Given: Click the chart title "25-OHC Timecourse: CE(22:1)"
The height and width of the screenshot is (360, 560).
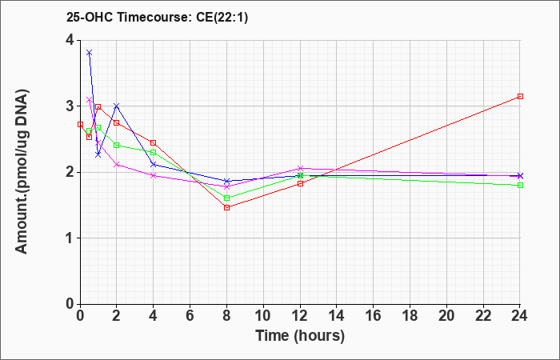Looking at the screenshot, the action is click(x=157, y=17).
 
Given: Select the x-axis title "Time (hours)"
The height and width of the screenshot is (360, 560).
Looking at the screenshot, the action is click(x=300, y=336).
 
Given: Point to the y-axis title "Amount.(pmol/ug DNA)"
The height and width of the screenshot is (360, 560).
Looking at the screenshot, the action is click(x=22, y=172).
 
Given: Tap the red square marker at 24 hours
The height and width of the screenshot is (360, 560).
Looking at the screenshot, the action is click(x=520, y=97).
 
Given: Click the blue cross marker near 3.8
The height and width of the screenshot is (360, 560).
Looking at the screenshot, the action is click(x=90, y=53).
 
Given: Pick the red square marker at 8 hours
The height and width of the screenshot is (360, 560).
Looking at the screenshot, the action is click(x=226, y=207).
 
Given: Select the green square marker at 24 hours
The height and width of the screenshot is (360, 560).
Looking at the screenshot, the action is click(x=520, y=185).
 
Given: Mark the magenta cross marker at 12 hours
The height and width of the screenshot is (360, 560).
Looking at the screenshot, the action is click(x=300, y=168).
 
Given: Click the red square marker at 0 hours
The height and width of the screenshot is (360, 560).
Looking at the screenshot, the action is click(x=80, y=124).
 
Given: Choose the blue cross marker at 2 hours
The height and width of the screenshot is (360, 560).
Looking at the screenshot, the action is click(x=117, y=106).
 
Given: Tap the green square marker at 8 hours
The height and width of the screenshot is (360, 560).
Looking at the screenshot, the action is click(x=226, y=198).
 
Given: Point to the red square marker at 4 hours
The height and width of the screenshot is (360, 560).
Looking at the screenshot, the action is click(x=154, y=143).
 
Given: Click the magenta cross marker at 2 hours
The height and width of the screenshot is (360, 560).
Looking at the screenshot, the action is click(x=117, y=164).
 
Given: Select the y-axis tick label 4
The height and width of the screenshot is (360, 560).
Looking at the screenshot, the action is click(x=70, y=40).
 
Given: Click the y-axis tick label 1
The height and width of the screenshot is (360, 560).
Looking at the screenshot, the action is click(x=70, y=238).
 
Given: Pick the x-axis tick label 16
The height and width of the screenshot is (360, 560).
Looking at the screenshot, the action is click(x=374, y=316).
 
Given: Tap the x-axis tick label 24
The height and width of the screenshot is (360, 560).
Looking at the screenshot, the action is click(x=519, y=316).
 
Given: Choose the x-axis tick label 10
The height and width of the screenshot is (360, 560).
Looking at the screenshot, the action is click(x=263, y=316).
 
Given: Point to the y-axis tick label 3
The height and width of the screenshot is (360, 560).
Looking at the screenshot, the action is click(x=70, y=106).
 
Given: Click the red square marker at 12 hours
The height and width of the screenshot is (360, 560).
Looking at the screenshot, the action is click(x=300, y=183).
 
